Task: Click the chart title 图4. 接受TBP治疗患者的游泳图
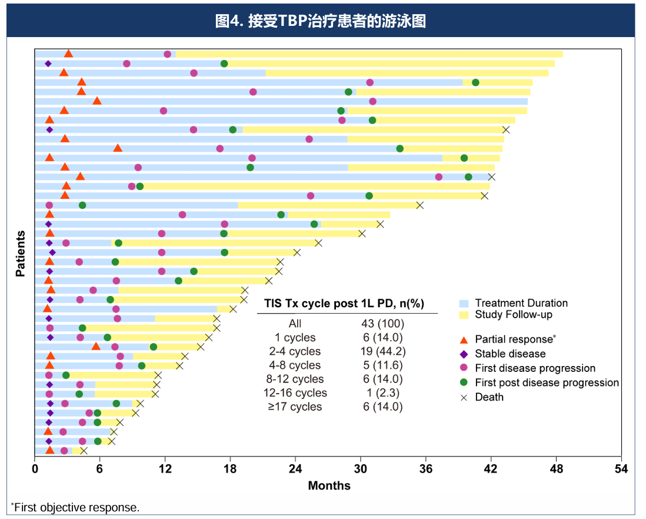point(321,21)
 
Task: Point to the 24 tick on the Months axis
point(295,469)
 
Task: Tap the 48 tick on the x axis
point(556,469)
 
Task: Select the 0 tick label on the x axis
point(35,469)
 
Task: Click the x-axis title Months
point(329,485)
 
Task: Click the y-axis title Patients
point(21,253)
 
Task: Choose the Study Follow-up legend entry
point(513,315)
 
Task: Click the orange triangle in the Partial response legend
point(464,339)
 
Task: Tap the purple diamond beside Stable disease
point(464,354)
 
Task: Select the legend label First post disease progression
point(547,382)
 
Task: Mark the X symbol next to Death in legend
point(464,397)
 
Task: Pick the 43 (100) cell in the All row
point(383,324)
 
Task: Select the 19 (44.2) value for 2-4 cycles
point(383,351)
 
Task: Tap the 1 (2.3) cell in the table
point(383,392)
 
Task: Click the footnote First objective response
point(76,507)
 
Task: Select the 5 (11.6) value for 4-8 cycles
point(383,365)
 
